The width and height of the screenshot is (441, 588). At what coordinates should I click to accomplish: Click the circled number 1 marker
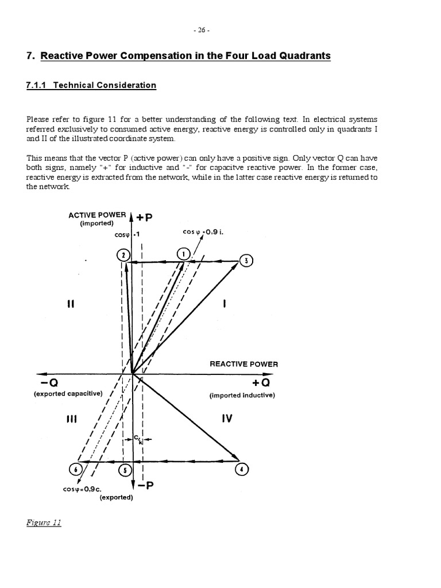(183, 254)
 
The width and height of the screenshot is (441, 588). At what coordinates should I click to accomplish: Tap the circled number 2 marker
(123, 255)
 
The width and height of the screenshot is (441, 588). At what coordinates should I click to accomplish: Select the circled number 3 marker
(246, 261)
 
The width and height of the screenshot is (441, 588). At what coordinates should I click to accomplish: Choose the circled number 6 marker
(75, 469)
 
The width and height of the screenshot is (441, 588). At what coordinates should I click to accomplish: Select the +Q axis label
(261, 383)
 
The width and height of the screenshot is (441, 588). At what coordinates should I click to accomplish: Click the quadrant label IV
(227, 419)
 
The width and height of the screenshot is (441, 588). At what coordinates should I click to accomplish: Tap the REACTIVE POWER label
(243, 364)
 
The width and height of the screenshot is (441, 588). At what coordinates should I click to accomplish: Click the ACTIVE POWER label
(97, 215)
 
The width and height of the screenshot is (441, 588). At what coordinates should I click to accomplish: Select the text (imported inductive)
(242, 395)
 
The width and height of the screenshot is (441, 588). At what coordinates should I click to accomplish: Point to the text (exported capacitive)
(68, 394)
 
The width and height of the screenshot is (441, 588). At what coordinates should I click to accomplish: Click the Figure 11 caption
(44, 523)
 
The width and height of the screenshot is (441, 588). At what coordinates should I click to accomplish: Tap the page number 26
(220, 30)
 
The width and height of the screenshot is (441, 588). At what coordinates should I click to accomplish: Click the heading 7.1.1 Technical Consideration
(91, 85)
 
